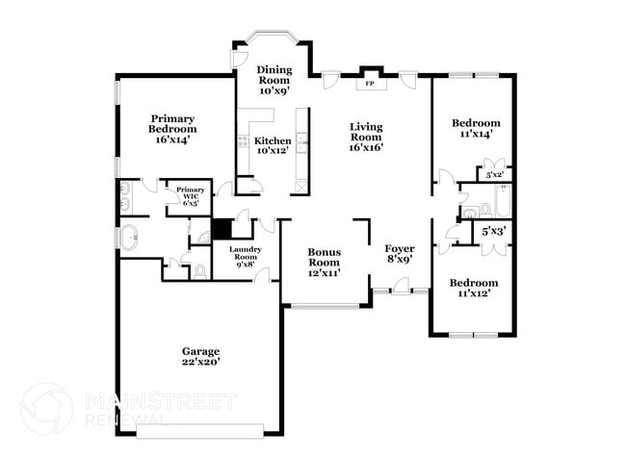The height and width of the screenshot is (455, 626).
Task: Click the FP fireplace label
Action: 369,84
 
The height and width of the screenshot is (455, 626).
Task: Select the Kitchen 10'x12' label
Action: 273,145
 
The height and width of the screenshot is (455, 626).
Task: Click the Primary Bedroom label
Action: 172,133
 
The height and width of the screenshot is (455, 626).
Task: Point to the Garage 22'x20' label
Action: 202,357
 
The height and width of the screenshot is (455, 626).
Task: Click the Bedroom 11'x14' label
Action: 476,128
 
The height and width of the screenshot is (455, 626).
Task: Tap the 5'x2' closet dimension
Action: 493,175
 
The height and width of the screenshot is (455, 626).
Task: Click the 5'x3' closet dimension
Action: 493,231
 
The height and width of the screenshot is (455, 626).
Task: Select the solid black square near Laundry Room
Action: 221,229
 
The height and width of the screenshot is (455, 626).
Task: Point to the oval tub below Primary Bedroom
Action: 128,237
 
